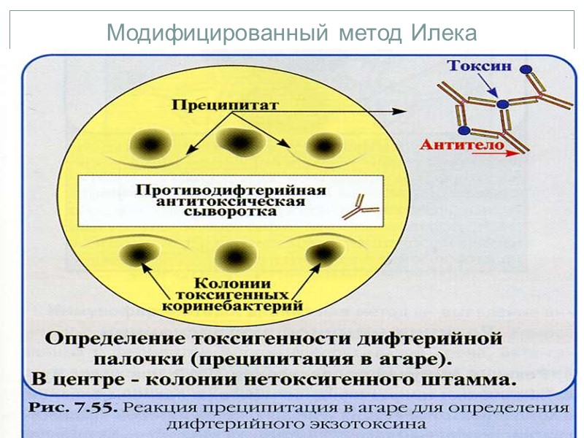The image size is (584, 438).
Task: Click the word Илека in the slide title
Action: point(443,34)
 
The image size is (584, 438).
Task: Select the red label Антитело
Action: point(462,145)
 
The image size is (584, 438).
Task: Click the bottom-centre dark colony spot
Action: point(234,256)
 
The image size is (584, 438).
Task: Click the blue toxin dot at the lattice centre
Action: point(502,104)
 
